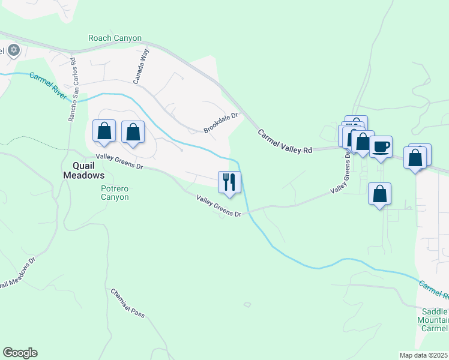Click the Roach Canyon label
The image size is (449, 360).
[x=115, y=38]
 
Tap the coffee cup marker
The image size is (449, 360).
[x=380, y=147]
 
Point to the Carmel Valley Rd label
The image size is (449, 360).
[x=285, y=142]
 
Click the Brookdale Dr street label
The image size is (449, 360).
[x=221, y=122]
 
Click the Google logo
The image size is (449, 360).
[x=20, y=353]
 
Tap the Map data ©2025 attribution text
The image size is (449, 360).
[x=423, y=355]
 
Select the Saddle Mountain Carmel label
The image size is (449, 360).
[x=435, y=320]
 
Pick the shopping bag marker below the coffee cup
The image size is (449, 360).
[x=379, y=194]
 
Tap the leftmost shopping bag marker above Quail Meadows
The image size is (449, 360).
[x=104, y=131]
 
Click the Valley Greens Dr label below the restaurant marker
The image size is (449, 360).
[x=218, y=206]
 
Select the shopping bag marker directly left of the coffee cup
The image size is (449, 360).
[x=362, y=142]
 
